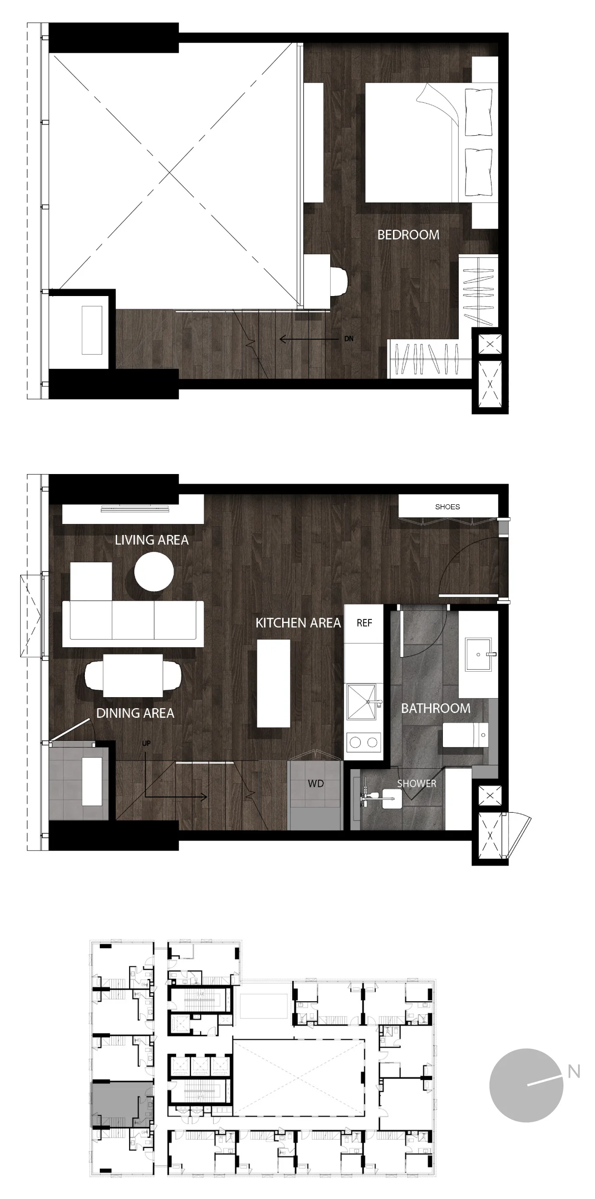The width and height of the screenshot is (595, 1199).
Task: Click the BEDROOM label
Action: pos(408,235)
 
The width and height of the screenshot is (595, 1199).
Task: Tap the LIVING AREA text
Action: pos(152,540)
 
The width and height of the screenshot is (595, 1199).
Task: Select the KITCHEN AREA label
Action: pos(298,623)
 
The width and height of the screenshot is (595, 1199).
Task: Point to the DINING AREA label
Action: pos(135,713)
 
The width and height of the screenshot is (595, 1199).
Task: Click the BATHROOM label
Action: pos(436,708)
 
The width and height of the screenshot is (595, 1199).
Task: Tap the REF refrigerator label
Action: pos(364,623)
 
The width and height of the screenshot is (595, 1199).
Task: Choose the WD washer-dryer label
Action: pos(316,784)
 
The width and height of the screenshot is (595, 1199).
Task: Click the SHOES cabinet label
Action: pos(447,507)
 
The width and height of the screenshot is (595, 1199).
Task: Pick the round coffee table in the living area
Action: pos(154,571)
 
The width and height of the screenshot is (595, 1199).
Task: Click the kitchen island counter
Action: pos(274,683)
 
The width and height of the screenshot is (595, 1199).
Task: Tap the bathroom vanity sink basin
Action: pos(478,654)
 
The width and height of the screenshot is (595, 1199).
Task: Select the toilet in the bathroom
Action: pos(465,735)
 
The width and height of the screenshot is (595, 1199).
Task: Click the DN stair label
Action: pos(349,339)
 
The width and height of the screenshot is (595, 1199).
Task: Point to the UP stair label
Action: pos(146,743)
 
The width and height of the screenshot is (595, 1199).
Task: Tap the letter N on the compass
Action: pos(574,1071)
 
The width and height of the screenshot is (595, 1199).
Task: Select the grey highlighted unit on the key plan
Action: pos(122,1104)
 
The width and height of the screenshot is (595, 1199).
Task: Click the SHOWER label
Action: pos(416,784)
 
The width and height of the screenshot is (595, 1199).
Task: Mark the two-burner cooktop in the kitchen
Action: pos(364,742)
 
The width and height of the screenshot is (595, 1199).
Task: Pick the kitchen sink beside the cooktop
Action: pos(362,702)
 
